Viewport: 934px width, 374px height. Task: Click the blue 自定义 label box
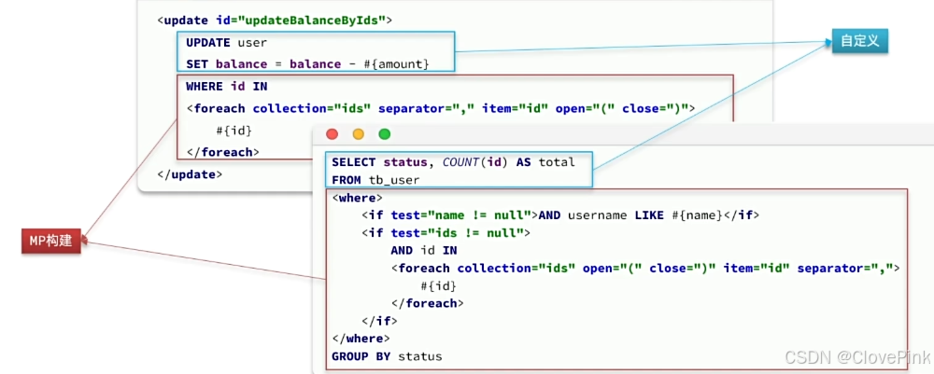pos(860,41)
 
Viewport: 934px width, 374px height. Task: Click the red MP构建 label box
pos(51,242)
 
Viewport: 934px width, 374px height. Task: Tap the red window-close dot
pos(332,134)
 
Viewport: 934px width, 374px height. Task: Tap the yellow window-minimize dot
pos(358,134)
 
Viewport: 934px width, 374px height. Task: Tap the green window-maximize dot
pos(384,134)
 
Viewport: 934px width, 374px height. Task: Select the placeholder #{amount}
pos(395,63)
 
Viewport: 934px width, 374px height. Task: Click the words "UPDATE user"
pos(226,42)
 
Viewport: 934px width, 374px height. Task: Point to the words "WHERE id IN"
pos(226,87)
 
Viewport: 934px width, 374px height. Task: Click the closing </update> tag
pos(191,174)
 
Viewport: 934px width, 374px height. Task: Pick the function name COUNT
pos(462,161)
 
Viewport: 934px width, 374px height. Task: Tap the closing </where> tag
pos(361,339)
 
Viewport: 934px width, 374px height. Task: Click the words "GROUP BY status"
pos(387,356)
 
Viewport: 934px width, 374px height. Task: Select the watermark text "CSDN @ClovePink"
pos(856,358)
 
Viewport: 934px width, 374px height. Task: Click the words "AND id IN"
pos(424,251)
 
